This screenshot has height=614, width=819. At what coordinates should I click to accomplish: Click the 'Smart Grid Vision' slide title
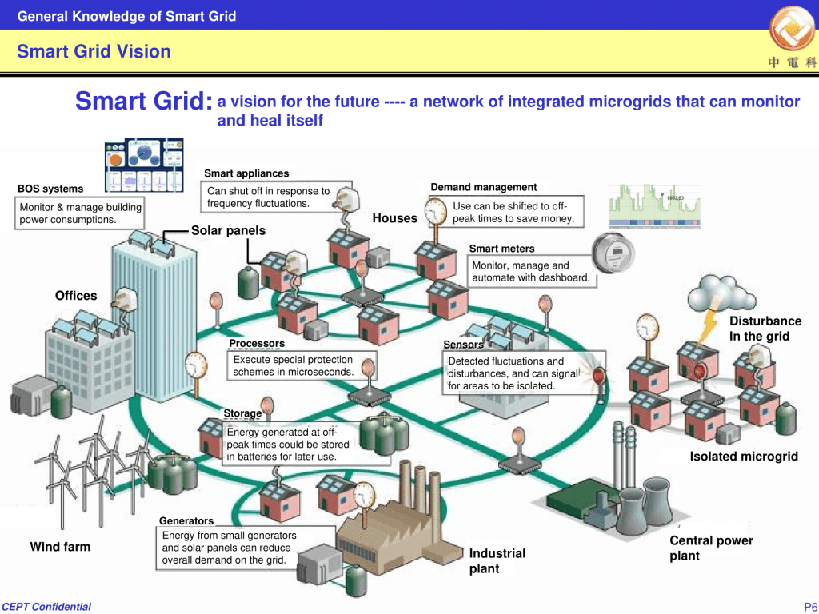[x=94, y=52]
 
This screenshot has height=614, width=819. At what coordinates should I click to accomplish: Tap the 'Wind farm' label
[x=60, y=547]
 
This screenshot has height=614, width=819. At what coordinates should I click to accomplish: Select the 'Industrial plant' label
[x=497, y=560]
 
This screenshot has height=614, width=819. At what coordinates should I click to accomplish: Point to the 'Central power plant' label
[x=711, y=548]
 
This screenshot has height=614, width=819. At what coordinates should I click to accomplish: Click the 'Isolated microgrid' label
[x=744, y=457]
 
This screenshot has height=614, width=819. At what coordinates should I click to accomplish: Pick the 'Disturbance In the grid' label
[x=765, y=329]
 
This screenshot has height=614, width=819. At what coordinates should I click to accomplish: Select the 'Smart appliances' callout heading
[x=246, y=173]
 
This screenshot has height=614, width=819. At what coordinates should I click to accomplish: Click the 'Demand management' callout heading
[x=483, y=187]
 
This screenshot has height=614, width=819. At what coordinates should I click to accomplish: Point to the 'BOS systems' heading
[x=50, y=189]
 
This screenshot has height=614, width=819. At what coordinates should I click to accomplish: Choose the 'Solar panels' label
[x=228, y=230]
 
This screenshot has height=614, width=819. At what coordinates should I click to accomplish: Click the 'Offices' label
[x=76, y=296]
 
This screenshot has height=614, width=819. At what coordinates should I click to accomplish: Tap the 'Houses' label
[x=395, y=218]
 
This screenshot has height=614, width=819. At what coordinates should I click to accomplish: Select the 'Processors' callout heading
[x=257, y=344]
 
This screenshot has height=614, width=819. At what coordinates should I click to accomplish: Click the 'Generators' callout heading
[x=186, y=521]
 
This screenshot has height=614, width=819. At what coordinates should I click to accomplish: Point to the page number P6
[x=809, y=607]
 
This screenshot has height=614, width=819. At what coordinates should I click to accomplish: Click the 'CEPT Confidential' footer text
[x=46, y=607]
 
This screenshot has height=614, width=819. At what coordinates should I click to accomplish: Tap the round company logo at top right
[x=792, y=30]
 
